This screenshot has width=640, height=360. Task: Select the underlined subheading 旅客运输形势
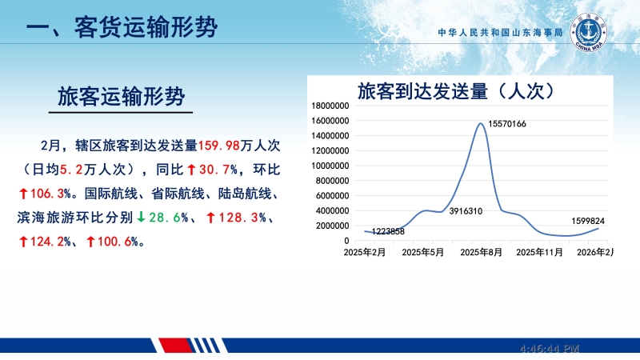click(122, 97)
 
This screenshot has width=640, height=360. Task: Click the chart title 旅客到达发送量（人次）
click(456, 90)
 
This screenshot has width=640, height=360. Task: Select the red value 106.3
click(47, 194)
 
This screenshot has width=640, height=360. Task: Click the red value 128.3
click(238, 218)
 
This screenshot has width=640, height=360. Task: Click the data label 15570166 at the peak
click(506, 124)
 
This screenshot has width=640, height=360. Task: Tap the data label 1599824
click(587, 221)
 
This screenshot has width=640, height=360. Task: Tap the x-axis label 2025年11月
click(540, 253)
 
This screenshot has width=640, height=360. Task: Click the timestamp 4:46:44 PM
click(549, 350)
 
